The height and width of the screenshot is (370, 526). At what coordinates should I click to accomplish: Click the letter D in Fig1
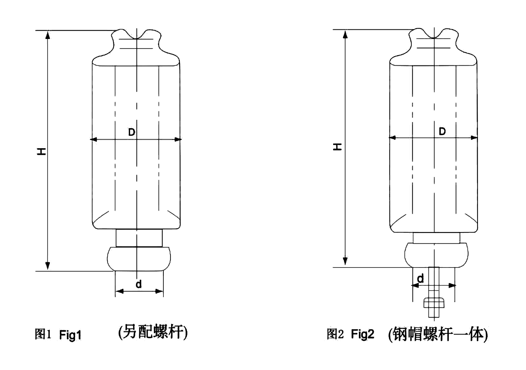(x=131, y=132)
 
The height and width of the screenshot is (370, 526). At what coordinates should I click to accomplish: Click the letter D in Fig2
(x=442, y=132)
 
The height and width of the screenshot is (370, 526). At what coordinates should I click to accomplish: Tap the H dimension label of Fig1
(x=42, y=152)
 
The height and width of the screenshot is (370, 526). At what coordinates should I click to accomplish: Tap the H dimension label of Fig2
(x=337, y=147)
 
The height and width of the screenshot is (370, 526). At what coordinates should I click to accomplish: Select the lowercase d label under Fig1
(x=139, y=284)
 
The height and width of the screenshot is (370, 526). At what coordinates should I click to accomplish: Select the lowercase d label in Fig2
(x=420, y=278)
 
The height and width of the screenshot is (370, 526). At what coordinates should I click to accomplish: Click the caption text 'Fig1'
(x=70, y=335)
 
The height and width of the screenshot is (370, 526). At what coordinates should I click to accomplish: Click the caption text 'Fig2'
(x=363, y=334)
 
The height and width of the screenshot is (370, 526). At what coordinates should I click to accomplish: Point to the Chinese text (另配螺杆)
(x=153, y=332)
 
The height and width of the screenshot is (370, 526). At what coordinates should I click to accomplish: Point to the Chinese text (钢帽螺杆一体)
(x=438, y=334)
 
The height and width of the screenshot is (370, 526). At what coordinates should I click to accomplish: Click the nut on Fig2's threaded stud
(x=434, y=303)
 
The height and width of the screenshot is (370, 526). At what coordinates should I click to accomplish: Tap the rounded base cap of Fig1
(x=139, y=259)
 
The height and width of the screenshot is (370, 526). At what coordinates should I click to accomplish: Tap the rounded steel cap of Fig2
(x=436, y=255)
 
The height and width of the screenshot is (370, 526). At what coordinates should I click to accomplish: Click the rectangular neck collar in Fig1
(x=139, y=238)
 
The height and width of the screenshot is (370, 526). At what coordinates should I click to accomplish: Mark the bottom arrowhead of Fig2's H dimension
(x=345, y=262)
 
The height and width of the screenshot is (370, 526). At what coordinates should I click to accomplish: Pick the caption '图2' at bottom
(x=335, y=334)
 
